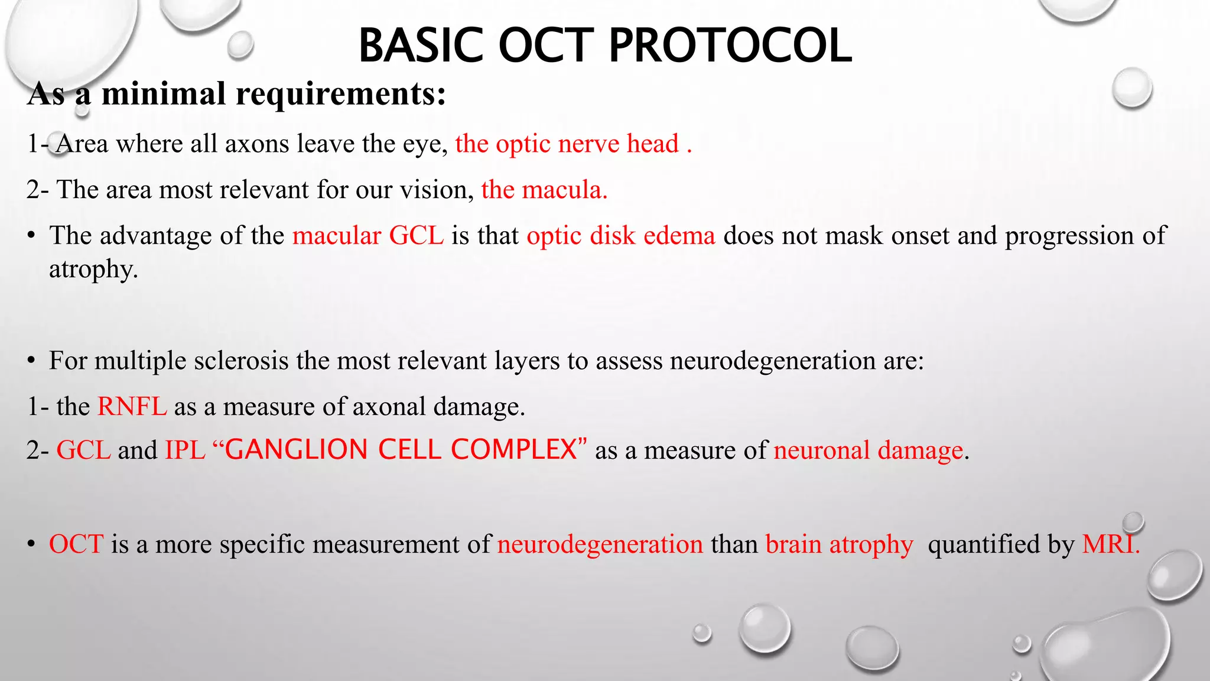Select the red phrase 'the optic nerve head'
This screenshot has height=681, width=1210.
tap(567, 144)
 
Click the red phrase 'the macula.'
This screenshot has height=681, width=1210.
tap(544, 190)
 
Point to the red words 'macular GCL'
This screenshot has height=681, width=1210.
tap(367, 235)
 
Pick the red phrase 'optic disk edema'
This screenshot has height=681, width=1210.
tap(621, 235)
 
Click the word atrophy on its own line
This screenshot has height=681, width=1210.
tap(93, 269)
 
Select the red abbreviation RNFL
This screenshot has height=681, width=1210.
tap(132, 406)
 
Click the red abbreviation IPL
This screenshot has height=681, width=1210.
tap(185, 450)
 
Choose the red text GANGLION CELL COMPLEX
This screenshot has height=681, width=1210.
tap(401, 450)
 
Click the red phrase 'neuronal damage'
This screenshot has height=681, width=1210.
tap(869, 450)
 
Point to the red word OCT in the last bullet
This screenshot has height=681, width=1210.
tap(76, 544)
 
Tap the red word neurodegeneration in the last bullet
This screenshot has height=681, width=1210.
tap(600, 544)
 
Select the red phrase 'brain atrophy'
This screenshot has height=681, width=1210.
tap(839, 544)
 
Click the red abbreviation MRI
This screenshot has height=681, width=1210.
tap(1109, 544)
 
